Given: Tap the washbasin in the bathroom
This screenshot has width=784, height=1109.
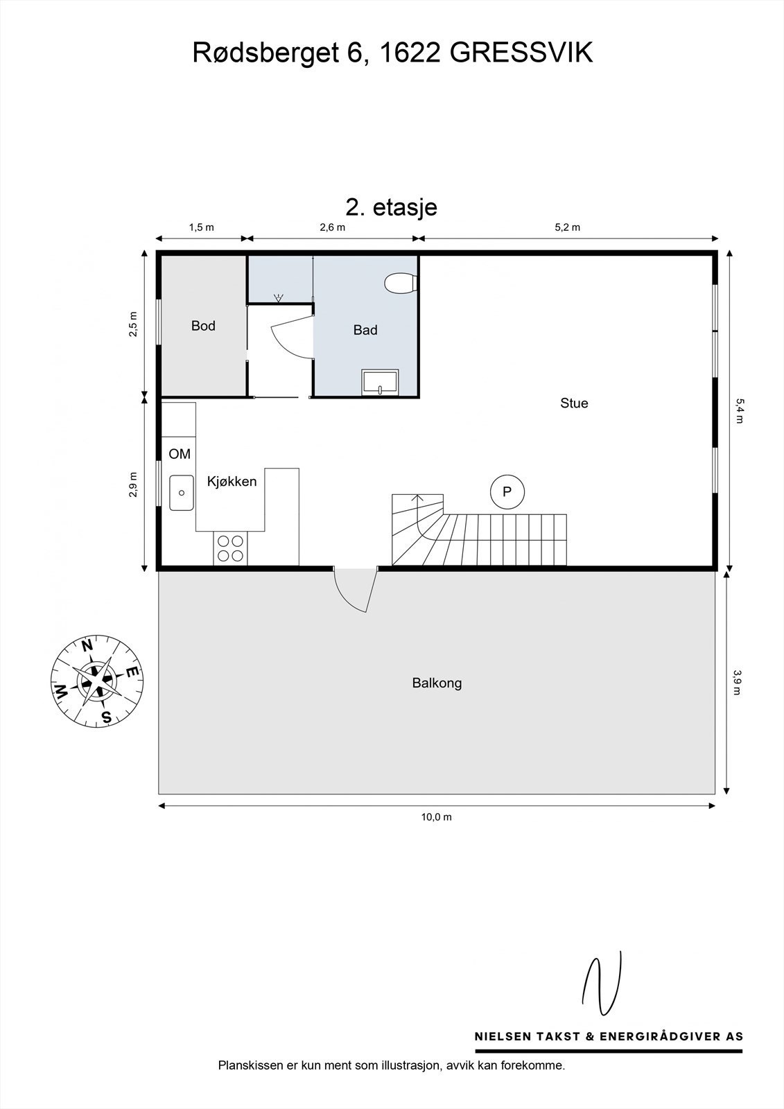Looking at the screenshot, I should (380, 383).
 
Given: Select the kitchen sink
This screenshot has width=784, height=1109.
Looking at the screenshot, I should (182, 492).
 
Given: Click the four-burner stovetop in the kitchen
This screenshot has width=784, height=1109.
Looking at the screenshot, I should (230, 548).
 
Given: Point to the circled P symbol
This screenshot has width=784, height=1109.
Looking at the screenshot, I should (507, 492).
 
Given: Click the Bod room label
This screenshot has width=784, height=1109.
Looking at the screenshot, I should (203, 326).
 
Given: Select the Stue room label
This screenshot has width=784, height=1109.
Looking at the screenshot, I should (574, 403).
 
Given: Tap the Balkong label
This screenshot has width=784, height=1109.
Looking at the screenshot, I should (437, 683).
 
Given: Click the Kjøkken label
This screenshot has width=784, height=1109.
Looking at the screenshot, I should (232, 481).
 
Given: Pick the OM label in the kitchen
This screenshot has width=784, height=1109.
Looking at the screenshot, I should (180, 455).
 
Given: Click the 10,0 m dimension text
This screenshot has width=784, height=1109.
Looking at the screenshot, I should (437, 817).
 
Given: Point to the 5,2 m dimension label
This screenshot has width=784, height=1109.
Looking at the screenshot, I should (567, 227).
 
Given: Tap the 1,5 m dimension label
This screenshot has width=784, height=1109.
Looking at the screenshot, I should (201, 227).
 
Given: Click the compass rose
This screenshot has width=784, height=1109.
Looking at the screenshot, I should (97, 681).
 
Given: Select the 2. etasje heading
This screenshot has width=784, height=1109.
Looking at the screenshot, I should (391, 207).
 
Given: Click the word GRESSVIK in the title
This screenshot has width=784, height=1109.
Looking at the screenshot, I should (522, 53).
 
